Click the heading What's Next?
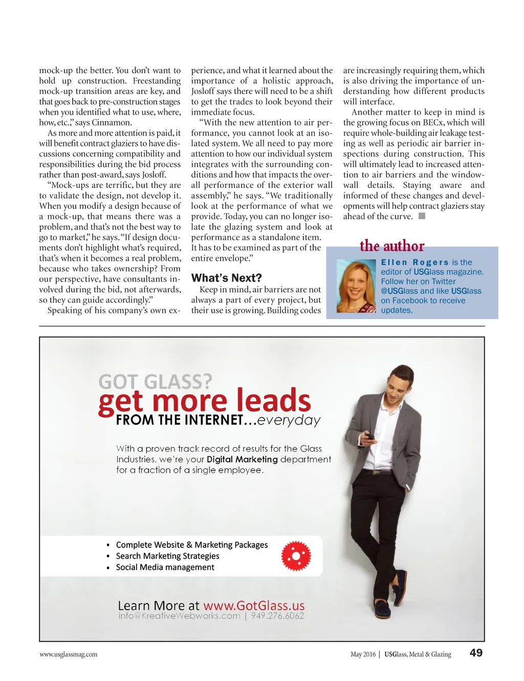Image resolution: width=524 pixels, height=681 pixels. [x=226, y=278]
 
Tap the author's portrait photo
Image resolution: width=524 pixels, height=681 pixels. [x=356, y=286]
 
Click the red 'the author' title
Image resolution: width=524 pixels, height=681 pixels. [x=392, y=246]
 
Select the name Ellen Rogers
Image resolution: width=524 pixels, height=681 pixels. [x=414, y=262]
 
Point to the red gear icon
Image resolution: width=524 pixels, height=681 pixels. [x=296, y=556]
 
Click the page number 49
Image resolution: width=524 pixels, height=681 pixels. [x=476, y=653]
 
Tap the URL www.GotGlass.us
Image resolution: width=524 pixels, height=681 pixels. [x=254, y=606]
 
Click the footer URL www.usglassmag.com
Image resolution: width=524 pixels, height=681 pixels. [x=68, y=654]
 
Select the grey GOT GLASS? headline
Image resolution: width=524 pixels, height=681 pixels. [x=155, y=382]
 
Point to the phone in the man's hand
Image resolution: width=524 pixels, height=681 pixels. [x=369, y=436]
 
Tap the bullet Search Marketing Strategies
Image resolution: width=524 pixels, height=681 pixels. [x=167, y=556]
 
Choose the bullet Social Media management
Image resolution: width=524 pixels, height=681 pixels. [x=165, y=567]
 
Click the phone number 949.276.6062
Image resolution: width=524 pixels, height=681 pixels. [x=277, y=616]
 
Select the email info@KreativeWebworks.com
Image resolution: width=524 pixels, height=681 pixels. [x=179, y=616]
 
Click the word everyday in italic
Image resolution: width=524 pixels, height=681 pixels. [x=289, y=420]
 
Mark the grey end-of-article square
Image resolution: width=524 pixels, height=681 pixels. [x=422, y=216]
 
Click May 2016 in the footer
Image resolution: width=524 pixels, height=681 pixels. [x=363, y=654]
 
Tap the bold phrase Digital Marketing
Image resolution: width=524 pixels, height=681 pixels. [x=242, y=459]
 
